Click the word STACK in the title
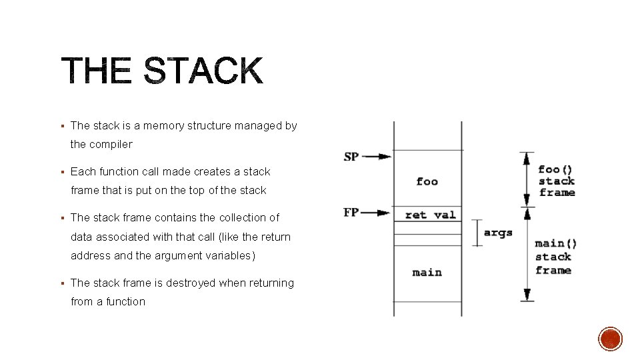coord(203,71)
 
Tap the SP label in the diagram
coord(351,157)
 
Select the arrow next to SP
coord(377,157)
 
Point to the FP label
coord(351,213)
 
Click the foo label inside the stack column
coord(427,181)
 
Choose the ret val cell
coord(431,215)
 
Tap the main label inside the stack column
coord(427,272)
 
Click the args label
coord(498,233)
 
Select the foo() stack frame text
coord(557,181)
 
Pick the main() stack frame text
coord(554,257)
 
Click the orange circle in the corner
coord(610,339)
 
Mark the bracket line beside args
coord(477,233)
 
